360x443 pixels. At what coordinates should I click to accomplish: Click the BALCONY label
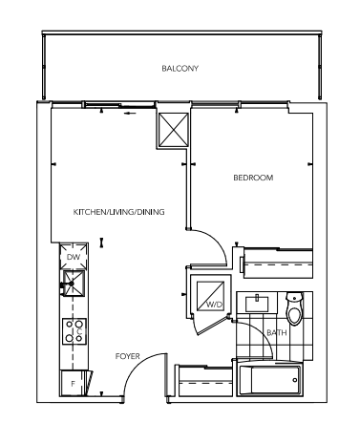click(180, 69)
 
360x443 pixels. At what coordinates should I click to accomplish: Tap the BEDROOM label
click(253, 178)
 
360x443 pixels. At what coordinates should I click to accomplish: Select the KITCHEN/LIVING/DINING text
click(118, 212)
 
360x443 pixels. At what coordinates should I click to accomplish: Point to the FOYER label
click(127, 356)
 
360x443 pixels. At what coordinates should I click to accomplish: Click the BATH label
click(277, 333)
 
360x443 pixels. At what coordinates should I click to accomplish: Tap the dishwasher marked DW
click(74, 257)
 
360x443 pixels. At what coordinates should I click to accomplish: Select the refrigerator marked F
click(74, 384)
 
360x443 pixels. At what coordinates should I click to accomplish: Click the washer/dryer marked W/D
click(210, 296)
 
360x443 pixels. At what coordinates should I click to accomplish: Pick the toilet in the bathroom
click(294, 308)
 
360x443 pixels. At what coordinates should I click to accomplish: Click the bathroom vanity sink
click(257, 304)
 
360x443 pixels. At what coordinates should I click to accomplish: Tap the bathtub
click(269, 379)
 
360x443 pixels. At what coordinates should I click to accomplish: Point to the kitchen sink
click(74, 284)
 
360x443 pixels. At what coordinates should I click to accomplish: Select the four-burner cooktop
click(74, 331)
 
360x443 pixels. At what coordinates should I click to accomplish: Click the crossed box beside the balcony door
click(174, 130)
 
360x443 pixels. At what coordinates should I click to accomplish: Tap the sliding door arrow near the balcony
click(130, 114)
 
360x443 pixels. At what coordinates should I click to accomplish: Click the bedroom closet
click(278, 264)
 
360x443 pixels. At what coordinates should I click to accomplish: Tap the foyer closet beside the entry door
click(205, 381)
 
